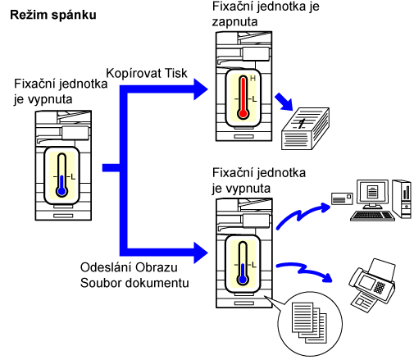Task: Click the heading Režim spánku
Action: click(53, 16)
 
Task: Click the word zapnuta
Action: click(234, 22)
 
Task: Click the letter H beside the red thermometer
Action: click(252, 79)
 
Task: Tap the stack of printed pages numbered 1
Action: click(305, 129)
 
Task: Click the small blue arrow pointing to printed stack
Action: click(284, 102)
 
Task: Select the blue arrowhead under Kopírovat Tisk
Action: click(201, 89)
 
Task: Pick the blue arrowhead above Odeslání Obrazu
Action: click(201, 253)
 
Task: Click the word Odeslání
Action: click(106, 267)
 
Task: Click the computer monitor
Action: click(372, 194)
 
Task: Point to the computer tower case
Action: click(402, 198)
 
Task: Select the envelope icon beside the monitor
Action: click(342, 198)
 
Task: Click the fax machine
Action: click(371, 285)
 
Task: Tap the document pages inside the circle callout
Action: click(309, 322)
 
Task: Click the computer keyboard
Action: click(372, 216)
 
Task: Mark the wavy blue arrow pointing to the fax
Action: click(304, 271)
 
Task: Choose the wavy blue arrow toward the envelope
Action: click(301, 215)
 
